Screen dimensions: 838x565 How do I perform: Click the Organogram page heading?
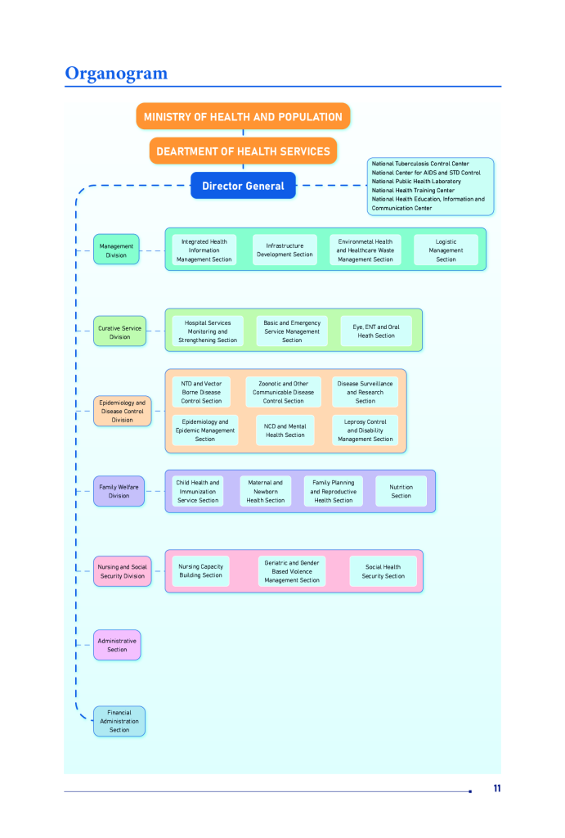tap(116, 74)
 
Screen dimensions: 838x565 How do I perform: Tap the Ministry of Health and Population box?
tap(243, 117)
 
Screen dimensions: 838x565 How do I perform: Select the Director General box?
tap(243, 186)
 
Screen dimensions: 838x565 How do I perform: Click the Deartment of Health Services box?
tap(243, 151)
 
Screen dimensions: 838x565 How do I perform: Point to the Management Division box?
tap(116, 250)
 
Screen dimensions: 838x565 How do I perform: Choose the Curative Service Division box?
tap(119, 332)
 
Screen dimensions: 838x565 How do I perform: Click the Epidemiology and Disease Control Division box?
tap(122, 411)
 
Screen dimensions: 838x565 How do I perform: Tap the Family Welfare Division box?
tap(119, 491)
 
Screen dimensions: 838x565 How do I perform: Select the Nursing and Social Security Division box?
tap(122, 571)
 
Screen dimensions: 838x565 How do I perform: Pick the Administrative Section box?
tap(117, 645)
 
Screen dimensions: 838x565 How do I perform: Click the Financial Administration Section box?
tap(119, 721)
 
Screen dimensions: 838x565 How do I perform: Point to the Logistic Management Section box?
tap(446, 250)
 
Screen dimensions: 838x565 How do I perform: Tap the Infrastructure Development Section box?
tap(285, 250)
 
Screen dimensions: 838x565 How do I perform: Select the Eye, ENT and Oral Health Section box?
tap(376, 331)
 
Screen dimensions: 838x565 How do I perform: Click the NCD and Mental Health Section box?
tap(285, 430)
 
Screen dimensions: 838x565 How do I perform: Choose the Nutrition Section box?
tap(401, 491)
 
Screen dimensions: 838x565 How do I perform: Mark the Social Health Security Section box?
tap(383, 571)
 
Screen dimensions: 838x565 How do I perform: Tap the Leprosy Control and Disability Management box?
tap(365, 430)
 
